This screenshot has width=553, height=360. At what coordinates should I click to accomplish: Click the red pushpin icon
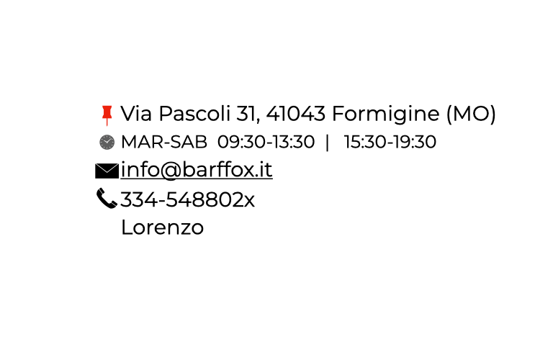[107, 114]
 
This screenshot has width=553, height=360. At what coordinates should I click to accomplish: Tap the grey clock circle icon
[107, 143]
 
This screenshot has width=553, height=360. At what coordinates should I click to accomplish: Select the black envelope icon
[107, 171]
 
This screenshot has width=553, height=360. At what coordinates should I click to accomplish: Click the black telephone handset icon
[107, 198]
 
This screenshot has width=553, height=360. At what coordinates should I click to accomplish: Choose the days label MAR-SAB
[164, 143]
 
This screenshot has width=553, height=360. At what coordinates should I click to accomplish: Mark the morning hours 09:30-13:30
[266, 143]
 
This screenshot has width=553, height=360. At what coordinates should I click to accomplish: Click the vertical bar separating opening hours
[328, 143]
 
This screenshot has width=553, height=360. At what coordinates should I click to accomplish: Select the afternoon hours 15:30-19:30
[390, 143]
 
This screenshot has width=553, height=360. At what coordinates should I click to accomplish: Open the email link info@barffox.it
[197, 171]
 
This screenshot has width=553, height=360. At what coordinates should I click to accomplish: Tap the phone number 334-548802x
[187, 199]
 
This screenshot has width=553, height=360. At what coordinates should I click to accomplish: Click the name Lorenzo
[162, 228]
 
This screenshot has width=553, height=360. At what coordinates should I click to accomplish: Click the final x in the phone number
[248, 201]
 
